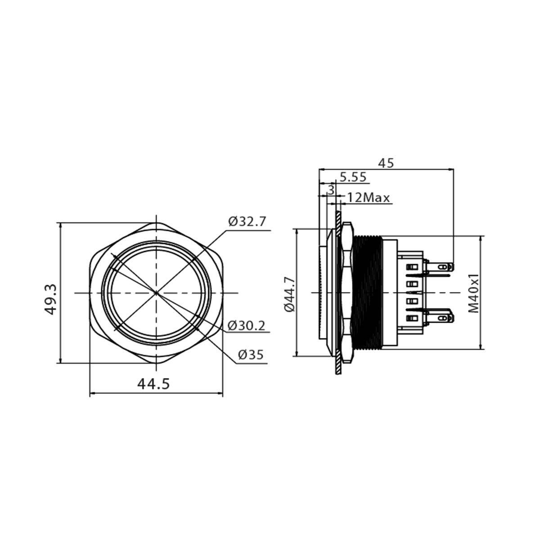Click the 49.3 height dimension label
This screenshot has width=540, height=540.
click(x=51, y=299)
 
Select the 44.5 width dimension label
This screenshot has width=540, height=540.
click(x=153, y=384)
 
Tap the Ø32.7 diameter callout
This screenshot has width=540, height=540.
click(x=247, y=222)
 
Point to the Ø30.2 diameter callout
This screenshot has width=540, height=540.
click(x=246, y=326)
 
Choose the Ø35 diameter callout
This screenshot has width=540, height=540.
click(x=251, y=355)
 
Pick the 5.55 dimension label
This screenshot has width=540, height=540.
click(x=353, y=177)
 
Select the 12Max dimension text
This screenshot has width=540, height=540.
click(x=369, y=198)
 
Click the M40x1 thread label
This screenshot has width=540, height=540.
click(x=473, y=292)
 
